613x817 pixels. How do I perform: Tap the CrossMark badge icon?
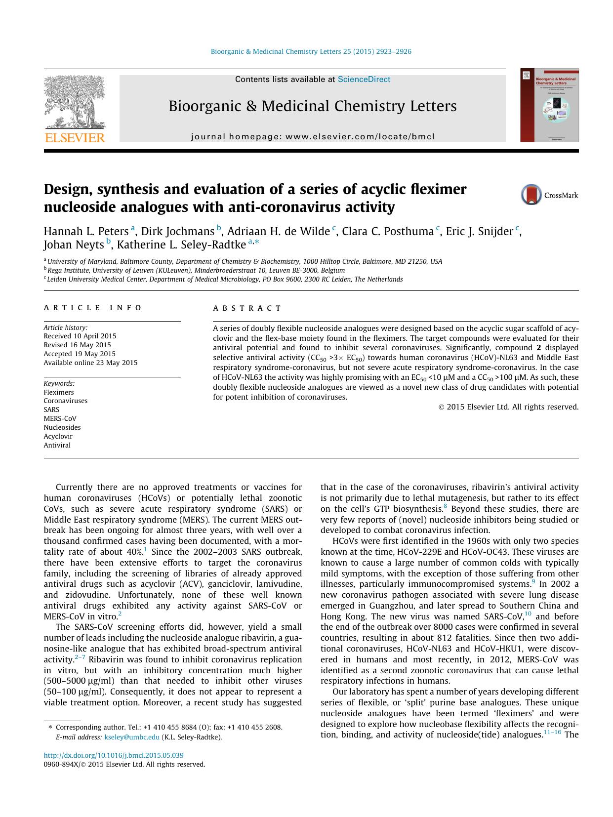[x=531, y=195]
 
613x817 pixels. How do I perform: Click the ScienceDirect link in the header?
[x=364, y=80]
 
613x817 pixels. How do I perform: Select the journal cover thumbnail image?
[x=549, y=106]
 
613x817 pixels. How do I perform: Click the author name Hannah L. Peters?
[x=86, y=231]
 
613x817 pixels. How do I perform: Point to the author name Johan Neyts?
[x=74, y=245]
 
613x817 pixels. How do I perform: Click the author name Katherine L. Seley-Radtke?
[x=181, y=245]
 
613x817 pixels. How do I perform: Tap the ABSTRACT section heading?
[x=247, y=308]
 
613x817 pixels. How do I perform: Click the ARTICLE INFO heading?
[x=93, y=308]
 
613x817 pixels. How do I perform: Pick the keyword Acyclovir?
[x=58, y=436]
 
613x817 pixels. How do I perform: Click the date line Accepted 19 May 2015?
[x=80, y=354]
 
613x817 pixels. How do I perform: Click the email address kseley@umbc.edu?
[x=132, y=737]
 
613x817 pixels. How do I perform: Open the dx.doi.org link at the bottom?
[x=114, y=755]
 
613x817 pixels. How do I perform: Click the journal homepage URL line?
[x=313, y=137]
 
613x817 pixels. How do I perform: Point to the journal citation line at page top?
[x=311, y=51]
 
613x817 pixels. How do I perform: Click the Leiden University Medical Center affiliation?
[x=225, y=280]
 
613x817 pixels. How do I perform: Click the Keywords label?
[x=59, y=383]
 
